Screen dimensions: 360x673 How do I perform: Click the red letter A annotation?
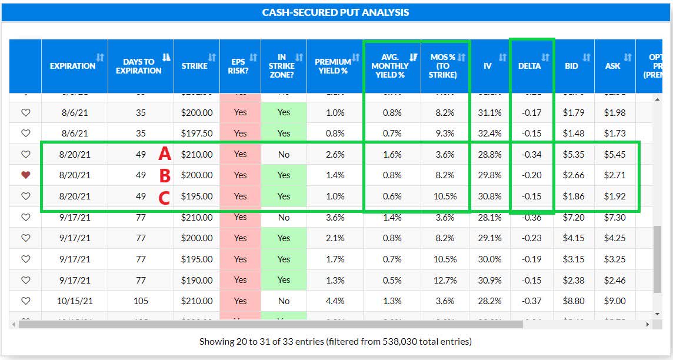click(165, 154)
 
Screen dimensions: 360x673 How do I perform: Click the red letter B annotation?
click(165, 175)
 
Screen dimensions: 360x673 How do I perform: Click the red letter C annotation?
click(165, 196)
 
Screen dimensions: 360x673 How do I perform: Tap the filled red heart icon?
click(25, 175)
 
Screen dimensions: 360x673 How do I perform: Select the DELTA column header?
click(529, 66)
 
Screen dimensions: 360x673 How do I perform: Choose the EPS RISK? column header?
click(237, 66)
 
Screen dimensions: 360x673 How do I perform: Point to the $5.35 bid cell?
click(574, 154)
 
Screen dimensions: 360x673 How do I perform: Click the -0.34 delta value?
click(532, 154)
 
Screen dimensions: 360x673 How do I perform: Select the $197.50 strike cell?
click(197, 134)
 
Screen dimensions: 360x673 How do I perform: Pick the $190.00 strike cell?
click(197, 280)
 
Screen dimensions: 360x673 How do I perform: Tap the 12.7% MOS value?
click(445, 280)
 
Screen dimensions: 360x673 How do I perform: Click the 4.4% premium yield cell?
click(335, 301)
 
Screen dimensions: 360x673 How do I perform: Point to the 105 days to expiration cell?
click(141, 301)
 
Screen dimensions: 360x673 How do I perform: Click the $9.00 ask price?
click(615, 301)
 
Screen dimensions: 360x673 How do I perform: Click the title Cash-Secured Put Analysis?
click(336, 12)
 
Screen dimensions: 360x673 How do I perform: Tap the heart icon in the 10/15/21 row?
click(25, 301)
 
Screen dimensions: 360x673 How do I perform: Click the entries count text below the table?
click(335, 341)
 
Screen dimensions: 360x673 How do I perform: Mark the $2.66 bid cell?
click(574, 175)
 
